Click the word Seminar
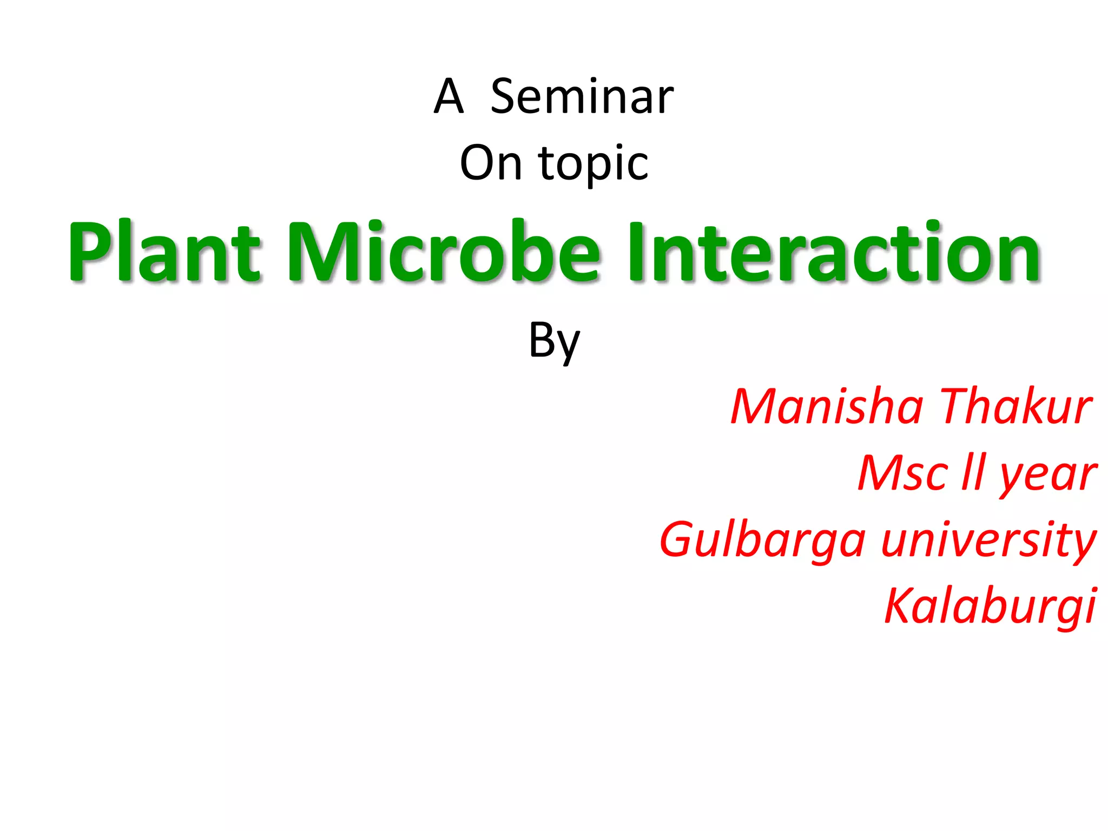point(582,97)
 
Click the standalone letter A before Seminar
point(449,97)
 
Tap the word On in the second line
point(491,163)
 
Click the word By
point(554,341)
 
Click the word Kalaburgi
point(990,606)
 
